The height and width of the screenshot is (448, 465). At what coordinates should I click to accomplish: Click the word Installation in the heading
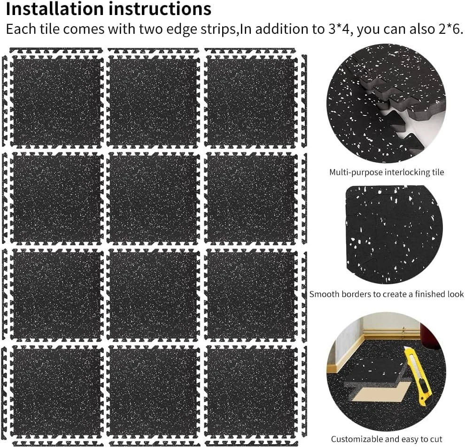coord(54,8)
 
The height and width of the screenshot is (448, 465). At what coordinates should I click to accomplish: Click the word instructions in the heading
coord(160,8)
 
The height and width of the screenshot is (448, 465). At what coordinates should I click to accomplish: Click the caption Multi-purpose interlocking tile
coord(387,172)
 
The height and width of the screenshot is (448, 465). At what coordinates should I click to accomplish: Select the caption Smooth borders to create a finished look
coord(387,294)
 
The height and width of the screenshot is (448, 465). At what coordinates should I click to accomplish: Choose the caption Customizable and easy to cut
coord(387,439)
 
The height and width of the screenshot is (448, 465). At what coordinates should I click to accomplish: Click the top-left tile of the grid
coord(57,101)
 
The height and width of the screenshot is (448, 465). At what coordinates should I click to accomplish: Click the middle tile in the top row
coord(154,101)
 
